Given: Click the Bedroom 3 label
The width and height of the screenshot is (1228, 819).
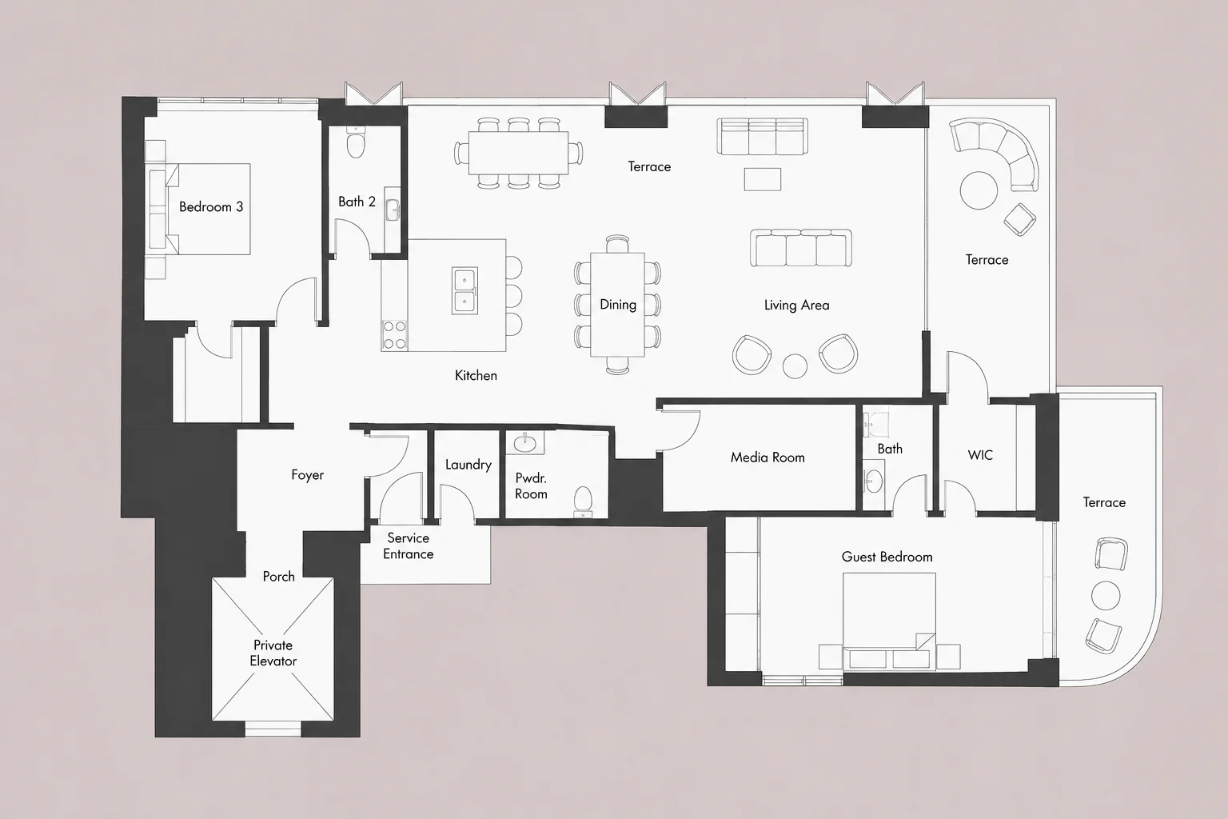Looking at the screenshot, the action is (x=211, y=207).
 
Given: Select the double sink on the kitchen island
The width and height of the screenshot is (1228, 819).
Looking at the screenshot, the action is (x=464, y=291).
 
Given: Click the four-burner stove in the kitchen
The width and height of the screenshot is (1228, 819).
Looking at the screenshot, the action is (x=394, y=335).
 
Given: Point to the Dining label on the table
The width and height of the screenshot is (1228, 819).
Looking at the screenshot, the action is (x=618, y=305).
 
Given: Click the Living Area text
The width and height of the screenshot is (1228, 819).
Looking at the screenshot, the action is (x=796, y=305).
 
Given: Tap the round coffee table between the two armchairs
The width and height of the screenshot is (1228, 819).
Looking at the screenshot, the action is (x=795, y=366).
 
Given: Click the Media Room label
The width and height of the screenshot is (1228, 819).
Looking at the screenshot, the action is (x=767, y=457).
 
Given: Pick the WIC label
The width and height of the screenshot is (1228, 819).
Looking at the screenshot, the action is (x=980, y=455).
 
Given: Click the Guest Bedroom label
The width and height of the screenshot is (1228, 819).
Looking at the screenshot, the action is (x=887, y=557).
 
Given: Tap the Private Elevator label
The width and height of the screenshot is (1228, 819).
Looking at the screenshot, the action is (x=273, y=653).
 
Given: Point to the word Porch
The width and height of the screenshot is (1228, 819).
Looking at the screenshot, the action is (x=278, y=577).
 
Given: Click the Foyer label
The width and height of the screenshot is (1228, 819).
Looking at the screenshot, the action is (x=308, y=475).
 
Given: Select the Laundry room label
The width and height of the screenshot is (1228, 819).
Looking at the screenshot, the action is (x=468, y=465).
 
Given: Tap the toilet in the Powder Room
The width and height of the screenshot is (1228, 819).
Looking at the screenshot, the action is (x=583, y=501).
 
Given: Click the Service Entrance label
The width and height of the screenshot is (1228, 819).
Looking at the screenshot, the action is (x=409, y=545).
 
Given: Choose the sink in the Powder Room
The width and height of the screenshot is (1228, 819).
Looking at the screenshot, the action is (x=525, y=442).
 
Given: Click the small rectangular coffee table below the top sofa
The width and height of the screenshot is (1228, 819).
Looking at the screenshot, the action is (x=763, y=179).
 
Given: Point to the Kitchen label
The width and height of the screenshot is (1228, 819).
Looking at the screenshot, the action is (x=476, y=376).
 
